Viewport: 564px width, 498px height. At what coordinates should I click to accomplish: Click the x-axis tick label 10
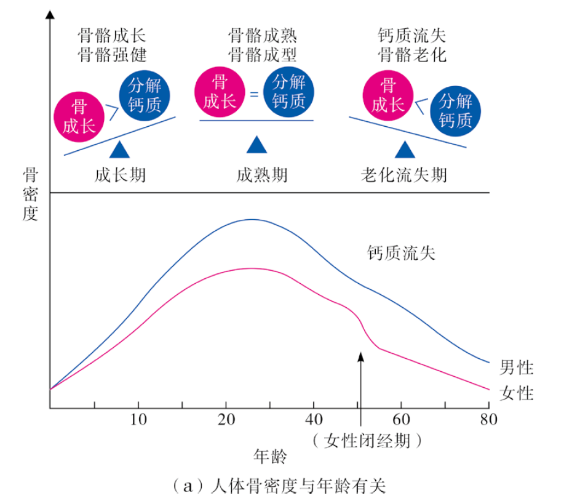[x=138, y=421]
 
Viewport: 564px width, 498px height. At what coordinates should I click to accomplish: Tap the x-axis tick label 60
[x=402, y=421]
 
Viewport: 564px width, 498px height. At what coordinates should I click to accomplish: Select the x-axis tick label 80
[x=489, y=421]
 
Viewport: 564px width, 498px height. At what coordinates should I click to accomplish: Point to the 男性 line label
[x=516, y=368]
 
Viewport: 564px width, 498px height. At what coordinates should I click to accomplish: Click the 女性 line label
[x=516, y=393]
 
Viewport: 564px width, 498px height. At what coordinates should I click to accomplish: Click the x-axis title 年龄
[x=271, y=457]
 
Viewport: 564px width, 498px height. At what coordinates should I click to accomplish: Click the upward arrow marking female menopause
[x=361, y=382]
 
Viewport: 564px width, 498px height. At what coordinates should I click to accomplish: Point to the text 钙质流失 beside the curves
[x=401, y=253]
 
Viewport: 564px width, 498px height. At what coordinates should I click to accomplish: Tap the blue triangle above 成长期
[x=119, y=150]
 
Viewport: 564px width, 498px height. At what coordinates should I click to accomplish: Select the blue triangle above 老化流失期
[x=405, y=150]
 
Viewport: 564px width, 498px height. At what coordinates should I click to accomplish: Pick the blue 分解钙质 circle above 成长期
[x=145, y=97]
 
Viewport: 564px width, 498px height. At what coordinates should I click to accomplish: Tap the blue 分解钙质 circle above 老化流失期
[x=456, y=111]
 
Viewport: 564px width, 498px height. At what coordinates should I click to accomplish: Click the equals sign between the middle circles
[x=254, y=95]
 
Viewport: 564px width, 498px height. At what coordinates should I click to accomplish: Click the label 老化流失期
[x=404, y=175]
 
